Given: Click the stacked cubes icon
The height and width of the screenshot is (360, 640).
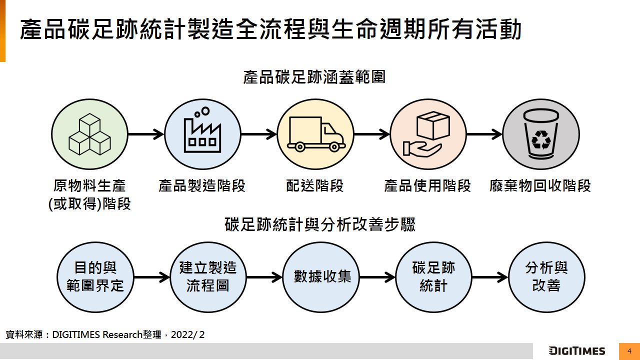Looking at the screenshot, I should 89,134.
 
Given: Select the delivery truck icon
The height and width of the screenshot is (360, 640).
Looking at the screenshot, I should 315,134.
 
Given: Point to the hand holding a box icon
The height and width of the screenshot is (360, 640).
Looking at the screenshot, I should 428,133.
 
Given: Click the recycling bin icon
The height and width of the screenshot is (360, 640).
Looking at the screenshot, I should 540,134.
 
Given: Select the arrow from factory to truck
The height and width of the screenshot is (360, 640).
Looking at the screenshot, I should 258,134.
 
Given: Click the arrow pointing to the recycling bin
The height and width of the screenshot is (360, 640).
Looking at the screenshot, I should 484,134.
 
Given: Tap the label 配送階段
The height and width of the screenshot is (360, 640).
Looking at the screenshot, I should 315,186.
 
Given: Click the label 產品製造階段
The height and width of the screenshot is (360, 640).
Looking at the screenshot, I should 202,186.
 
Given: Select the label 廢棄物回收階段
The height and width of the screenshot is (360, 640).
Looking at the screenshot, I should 540,186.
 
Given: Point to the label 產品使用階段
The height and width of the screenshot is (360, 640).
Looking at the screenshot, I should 427,186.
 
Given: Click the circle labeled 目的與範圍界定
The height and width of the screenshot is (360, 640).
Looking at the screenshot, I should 95,277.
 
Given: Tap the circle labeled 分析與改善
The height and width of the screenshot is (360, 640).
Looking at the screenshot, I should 546,277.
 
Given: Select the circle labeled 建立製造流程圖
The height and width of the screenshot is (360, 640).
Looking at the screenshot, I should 208,277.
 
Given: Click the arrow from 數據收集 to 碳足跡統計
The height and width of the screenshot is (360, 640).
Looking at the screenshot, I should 377,277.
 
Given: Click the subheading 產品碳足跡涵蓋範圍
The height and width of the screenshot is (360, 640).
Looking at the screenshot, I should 314,77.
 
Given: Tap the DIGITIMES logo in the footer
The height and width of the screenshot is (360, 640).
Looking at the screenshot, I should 576,351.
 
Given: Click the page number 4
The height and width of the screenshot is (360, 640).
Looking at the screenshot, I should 629,351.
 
